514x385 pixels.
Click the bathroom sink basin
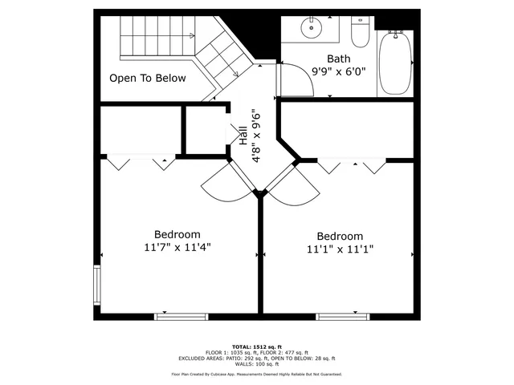pos(310,28)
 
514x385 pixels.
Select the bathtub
pos(394,62)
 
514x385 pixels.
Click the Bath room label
pos(338,59)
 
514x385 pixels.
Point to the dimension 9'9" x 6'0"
pos(338,71)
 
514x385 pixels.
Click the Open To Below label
pos(148,79)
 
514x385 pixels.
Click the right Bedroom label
pos(340,236)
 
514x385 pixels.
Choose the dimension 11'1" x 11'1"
pos(340,249)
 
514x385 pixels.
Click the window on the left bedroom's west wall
pos(97,287)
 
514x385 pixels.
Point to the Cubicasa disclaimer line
pos(257,374)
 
